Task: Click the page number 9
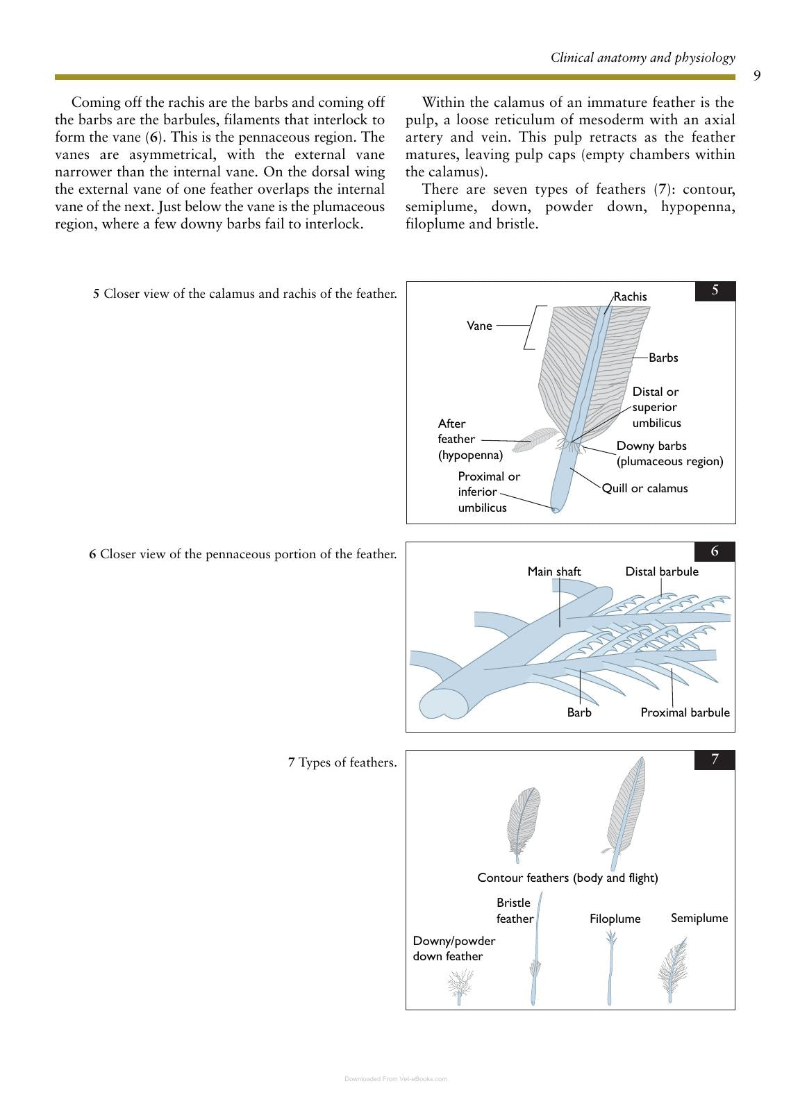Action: coord(757,75)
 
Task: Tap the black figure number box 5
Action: coord(715,291)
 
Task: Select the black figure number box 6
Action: coord(715,551)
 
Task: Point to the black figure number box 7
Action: coord(715,759)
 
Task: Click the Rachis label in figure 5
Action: coord(630,296)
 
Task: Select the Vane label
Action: coord(479,326)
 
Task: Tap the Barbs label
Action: coord(663,358)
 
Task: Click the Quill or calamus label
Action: coord(645,488)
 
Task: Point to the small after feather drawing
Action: coord(535,440)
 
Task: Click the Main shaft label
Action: coord(554,571)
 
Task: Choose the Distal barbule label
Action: coord(662,571)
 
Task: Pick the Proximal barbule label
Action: coord(685,712)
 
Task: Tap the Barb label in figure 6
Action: coord(579,712)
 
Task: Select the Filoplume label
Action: coord(615,919)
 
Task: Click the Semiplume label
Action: coord(699,918)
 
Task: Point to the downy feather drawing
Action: coord(460,987)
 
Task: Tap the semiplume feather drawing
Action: coord(673,969)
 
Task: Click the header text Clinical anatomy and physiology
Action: coord(643,58)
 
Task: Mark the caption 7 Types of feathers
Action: coord(342,762)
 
